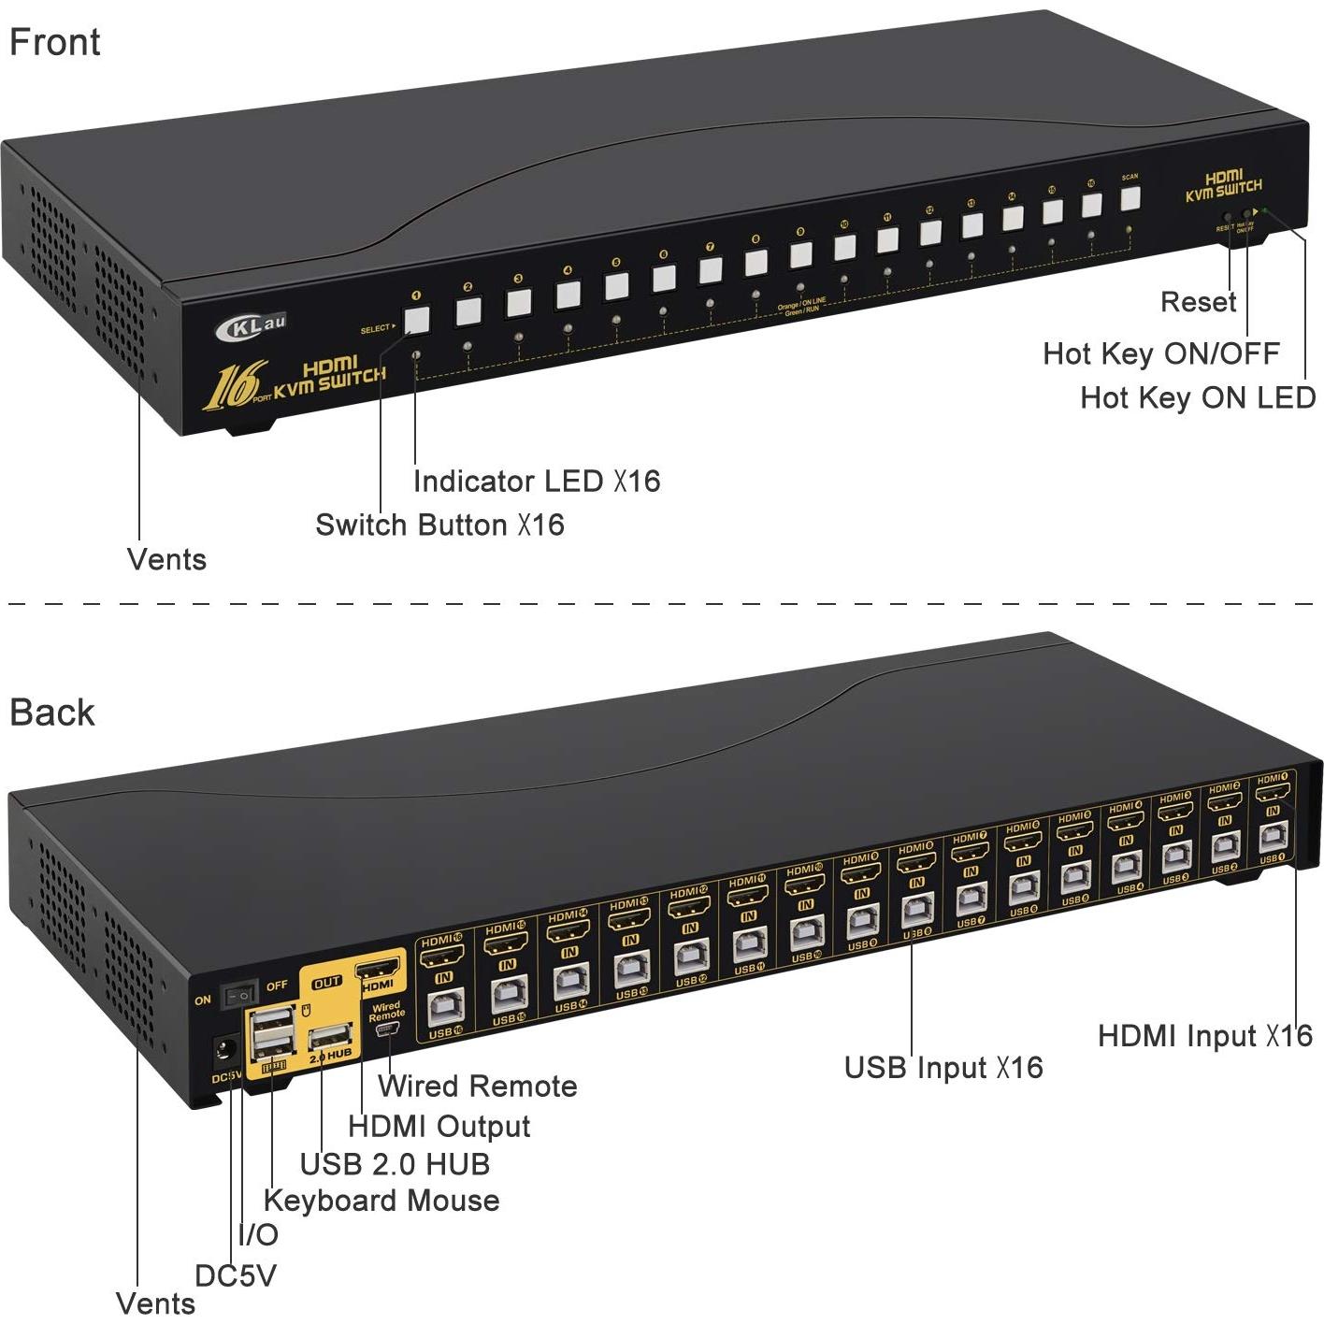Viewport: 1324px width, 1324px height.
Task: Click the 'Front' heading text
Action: tap(54, 43)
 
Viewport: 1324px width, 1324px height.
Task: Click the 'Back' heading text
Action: tap(52, 712)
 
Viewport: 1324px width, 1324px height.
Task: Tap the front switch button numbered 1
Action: tap(416, 320)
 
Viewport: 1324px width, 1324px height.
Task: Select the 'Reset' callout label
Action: tap(1198, 302)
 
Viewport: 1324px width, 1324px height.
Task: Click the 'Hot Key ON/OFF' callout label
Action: tap(1160, 353)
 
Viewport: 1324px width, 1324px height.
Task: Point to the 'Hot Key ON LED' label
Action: tap(1198, 397)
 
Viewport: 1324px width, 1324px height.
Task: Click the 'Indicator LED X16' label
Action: tap(537, 482)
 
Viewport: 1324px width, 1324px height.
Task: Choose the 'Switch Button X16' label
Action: tap(439, 525)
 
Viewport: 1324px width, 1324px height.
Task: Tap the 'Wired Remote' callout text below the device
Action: tap(477, 1086)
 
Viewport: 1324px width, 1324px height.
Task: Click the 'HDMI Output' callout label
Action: tap(439, 1126)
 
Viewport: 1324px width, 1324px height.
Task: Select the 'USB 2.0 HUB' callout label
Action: tap(395, 1164)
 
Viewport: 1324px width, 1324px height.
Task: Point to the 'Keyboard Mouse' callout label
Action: tap(381, 1200)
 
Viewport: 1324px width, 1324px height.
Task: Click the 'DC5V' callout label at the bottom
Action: tap(236, 1275)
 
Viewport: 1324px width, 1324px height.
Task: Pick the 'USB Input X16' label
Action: tap(943, 1067)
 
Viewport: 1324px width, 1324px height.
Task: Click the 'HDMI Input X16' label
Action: tap(1204, 1035)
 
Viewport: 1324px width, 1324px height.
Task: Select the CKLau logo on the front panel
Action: tap(250, 326)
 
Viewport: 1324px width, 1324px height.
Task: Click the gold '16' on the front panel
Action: tap(230, 386)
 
